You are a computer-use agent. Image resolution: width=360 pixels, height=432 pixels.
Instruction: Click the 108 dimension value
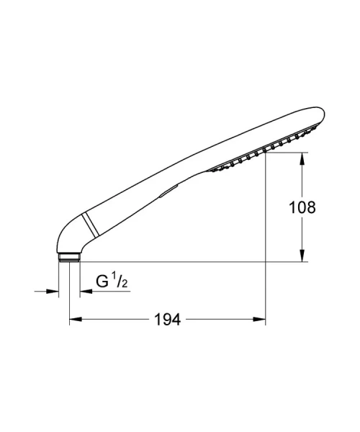click(x=302, y=207)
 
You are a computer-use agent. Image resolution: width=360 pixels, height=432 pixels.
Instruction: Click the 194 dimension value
click(x=168, y=320)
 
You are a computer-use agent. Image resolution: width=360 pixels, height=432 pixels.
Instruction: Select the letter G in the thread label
click(x=102, y=282)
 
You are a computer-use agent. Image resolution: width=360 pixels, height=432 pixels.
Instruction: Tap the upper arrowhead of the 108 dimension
click(x=302, y=158)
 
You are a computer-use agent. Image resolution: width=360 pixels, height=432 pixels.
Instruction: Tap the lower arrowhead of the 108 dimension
click(x=302, y=256)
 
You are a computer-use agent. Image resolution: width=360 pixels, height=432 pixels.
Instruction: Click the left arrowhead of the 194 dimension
click(x=76, y=319)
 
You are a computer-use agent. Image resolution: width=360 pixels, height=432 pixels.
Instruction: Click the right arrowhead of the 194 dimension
click(x=259, y=319)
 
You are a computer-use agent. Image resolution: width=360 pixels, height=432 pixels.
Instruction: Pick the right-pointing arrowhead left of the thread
click(x=53, y=291)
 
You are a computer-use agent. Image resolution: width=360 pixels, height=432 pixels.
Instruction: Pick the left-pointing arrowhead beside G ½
click(x=86, y=291)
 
